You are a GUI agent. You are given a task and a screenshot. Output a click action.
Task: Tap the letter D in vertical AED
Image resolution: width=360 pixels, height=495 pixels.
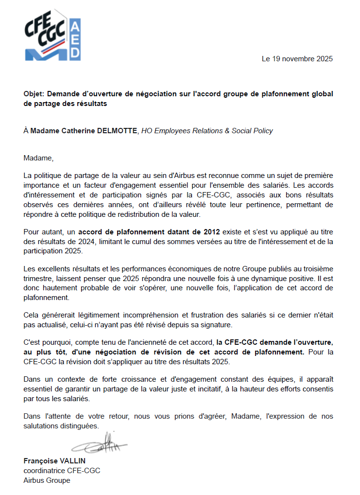point(76,53)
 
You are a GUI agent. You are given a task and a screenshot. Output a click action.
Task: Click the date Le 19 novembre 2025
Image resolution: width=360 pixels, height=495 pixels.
point(297,59)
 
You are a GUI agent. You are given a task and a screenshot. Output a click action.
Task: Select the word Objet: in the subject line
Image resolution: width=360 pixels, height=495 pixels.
point(34,94)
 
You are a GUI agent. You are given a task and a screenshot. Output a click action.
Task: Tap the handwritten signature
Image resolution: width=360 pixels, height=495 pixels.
point(99,443)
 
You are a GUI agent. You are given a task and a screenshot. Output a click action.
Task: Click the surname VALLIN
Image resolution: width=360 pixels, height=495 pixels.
point(72,461)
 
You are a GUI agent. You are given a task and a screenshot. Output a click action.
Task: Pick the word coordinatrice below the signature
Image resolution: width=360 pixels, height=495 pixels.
point(44,471)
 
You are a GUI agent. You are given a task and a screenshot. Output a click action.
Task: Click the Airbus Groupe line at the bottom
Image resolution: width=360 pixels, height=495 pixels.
point(47,480)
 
